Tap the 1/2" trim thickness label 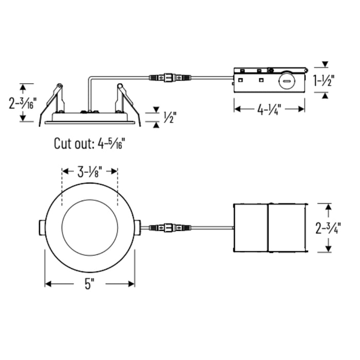pos(170,117)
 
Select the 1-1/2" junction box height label pos(324,80)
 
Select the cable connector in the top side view pos(170,77)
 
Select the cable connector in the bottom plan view pos(170,228)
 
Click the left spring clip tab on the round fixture pos(42,227)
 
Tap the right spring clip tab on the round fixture pos(137,227)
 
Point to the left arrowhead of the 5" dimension pos(48,284)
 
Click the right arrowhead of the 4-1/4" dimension pos(302,109)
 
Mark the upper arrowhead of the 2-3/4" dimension pos(329,207)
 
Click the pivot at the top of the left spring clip pos(60,86)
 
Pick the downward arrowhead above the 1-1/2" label pos(325,64)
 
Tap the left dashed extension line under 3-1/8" pos(62,187)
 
